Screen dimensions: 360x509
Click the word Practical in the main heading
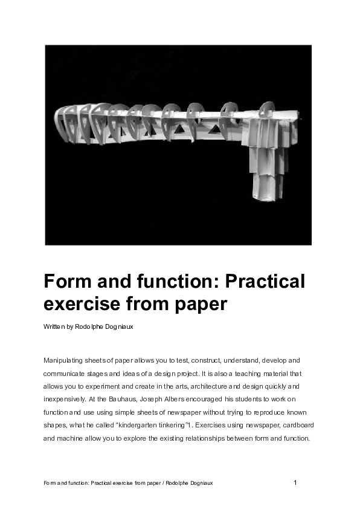tap(265, 282)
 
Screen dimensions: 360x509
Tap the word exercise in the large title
tap(81, 303)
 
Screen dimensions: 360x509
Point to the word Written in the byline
tap(54, 326)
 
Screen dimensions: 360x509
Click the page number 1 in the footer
tap(295, 482)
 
